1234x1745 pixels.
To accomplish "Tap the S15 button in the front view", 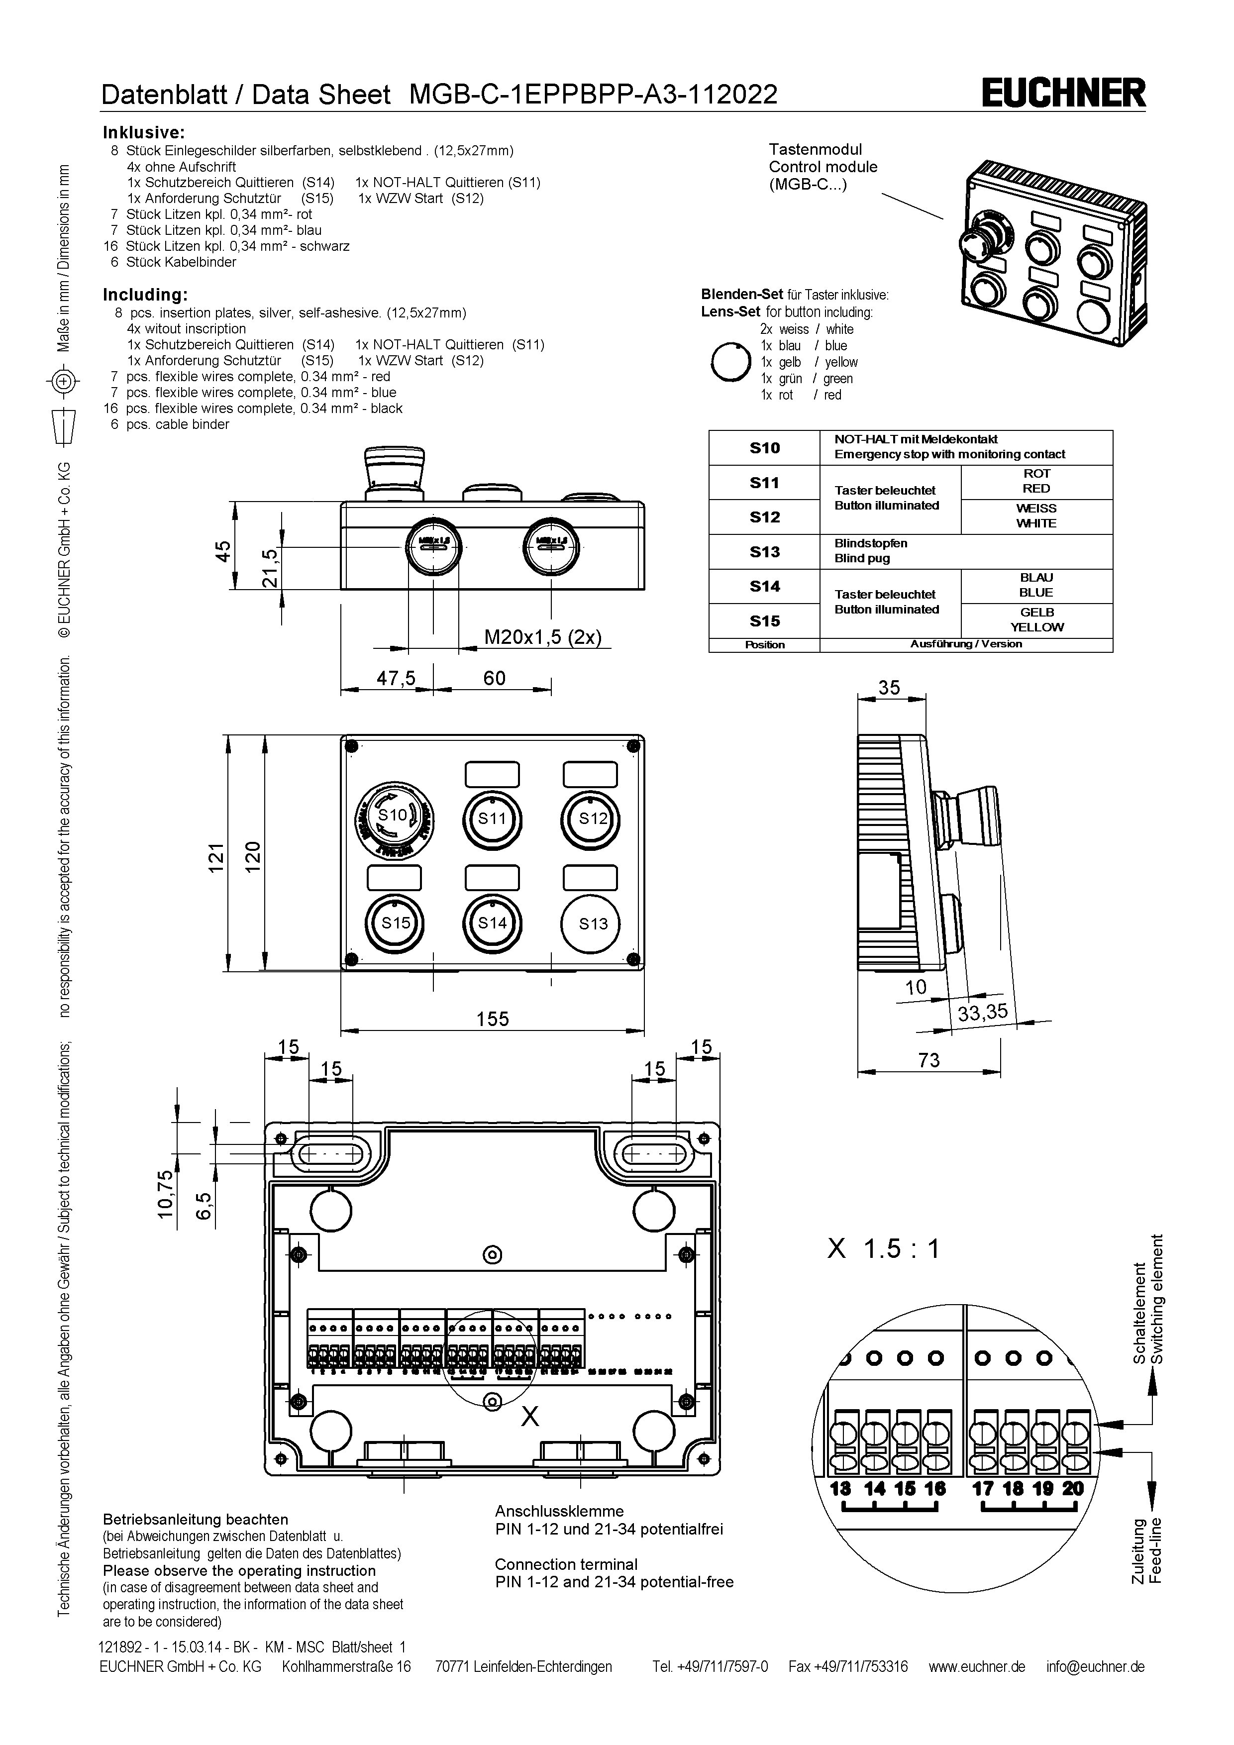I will click(395, 924).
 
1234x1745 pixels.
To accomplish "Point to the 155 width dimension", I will click(493, 1019).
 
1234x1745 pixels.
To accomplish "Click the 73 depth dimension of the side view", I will click(928, 1059).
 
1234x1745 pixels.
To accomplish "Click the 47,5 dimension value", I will click(396, 678).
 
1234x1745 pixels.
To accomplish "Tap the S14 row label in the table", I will click(764, 586).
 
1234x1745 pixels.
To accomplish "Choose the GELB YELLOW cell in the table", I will click(1036, 619).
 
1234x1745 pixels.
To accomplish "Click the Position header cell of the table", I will click(764, 644).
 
